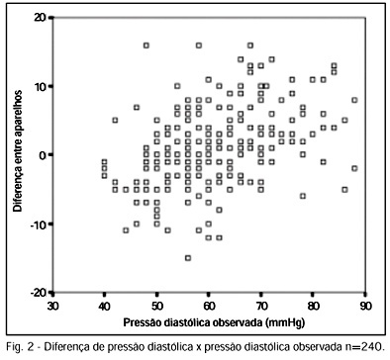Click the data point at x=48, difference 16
point(146,45)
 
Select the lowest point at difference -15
point(188,258)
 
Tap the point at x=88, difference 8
point(354,100)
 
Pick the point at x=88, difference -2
point(354,168)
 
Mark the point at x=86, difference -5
point(344,190)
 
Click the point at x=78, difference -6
point(303,196)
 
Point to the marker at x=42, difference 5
point(115,121)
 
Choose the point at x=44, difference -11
point(126,230)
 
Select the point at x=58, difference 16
point(199,45)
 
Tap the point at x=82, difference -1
point(324,162)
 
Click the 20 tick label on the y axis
point(41,18)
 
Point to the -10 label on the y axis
point(39,224)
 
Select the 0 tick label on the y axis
point(44,155)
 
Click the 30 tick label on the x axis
point(52,306)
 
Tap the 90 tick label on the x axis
point(365,306)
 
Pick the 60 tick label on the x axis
point(209,306)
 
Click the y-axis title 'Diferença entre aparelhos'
point(18,151)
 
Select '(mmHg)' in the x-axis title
point(285,322)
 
